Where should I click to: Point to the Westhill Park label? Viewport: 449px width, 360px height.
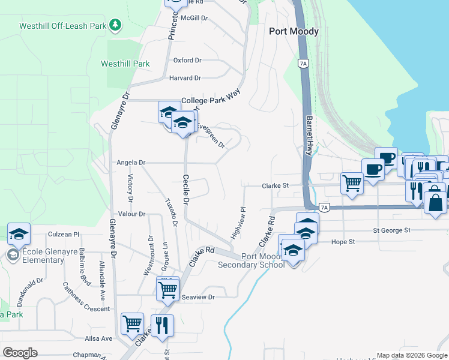125,64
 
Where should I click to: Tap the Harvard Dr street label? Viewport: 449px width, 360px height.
185,78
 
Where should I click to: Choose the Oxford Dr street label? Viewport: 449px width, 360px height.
187,61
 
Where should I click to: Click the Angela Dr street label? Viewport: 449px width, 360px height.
131,163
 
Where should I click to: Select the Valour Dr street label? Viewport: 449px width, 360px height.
132,214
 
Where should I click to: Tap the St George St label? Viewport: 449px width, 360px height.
391,230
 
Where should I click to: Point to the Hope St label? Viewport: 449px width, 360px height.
343,242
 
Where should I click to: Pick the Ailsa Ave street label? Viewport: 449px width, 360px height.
98,338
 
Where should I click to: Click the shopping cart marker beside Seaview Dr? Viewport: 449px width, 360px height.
167,289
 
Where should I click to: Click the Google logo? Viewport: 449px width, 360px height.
20,353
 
